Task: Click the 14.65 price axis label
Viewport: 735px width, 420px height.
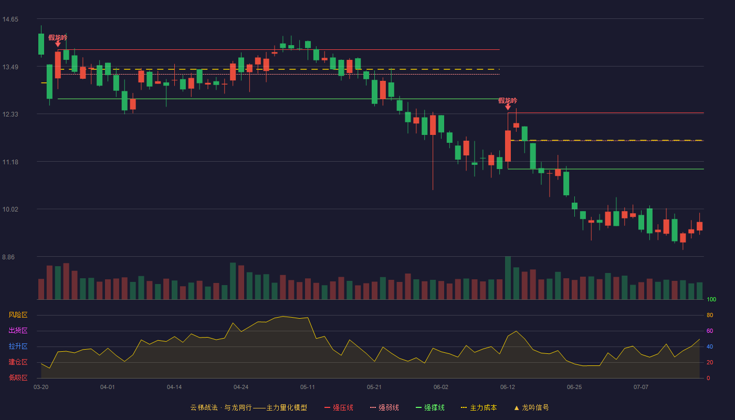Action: point(10,19)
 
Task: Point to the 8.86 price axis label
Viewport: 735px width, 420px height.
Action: point(8,257)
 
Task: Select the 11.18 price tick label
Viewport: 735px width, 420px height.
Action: point(10,162)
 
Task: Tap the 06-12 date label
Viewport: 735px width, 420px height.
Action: point(508,387)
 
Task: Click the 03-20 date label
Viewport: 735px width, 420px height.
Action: point(41,387)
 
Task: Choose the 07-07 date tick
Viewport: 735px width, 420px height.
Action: point(641,387)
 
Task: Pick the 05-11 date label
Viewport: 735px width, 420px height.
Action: point(308,387)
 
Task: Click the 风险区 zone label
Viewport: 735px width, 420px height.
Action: point(18,315)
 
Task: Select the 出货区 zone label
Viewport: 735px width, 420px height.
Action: point(18,330)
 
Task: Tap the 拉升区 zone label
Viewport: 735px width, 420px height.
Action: point(18,346)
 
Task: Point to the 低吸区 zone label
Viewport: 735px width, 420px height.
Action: point(18,377)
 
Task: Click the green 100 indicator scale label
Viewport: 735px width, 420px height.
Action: point(711,299)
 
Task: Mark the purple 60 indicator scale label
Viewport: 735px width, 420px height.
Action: point(710,331)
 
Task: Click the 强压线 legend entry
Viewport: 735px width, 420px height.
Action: point(339,407)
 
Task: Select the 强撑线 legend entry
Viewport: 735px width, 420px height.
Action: point(430,407)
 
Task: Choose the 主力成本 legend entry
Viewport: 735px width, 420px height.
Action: point(479,407)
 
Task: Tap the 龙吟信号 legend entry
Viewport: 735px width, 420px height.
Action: point(531,407)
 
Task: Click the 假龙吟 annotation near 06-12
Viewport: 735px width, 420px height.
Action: point(508,100)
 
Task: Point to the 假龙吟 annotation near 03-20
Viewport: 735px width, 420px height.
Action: point(57,37)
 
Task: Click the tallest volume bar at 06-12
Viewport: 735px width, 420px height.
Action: point(508,278)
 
